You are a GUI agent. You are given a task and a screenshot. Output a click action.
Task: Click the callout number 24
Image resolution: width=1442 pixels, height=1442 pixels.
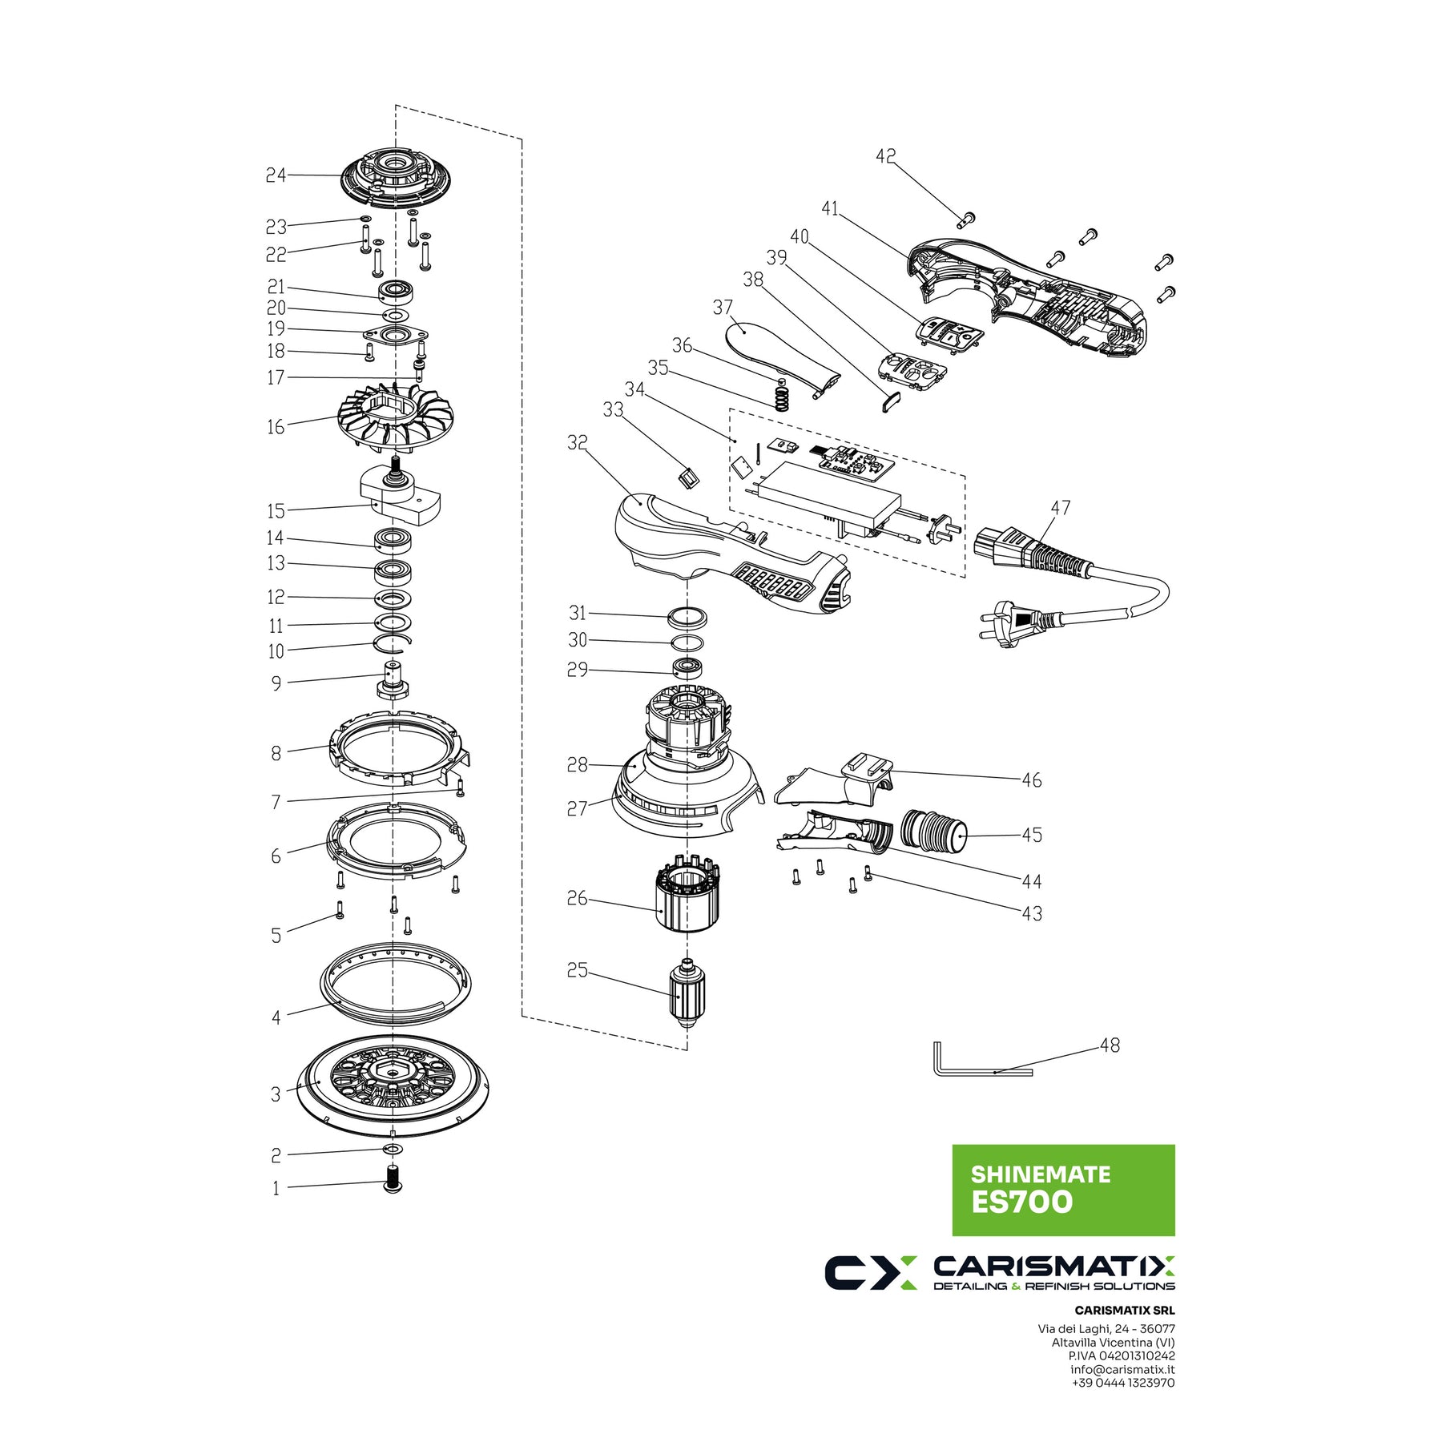(276, 175)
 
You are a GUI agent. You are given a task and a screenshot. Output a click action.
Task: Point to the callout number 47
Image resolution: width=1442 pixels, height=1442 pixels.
(1061, 508)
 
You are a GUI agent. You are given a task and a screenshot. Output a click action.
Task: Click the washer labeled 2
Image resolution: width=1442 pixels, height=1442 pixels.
(393, 1150)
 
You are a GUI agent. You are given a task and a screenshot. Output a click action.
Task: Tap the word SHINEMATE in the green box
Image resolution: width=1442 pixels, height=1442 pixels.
(1040, 1174)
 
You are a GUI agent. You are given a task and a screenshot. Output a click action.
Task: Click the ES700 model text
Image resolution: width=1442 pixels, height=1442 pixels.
(1021, 1202)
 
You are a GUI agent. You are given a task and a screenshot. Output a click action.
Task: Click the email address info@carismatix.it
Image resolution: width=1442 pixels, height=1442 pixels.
(1122, 1369)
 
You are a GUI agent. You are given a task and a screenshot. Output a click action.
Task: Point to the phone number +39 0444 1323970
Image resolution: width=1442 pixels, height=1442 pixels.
(1122, 1383)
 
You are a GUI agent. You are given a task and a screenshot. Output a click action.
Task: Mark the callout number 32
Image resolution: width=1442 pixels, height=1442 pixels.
(577, 442)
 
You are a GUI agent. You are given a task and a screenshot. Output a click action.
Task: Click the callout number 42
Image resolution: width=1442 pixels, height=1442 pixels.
(885, 156)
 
